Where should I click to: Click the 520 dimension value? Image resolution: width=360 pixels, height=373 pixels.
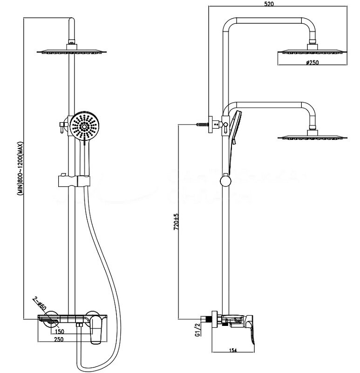point(268,4)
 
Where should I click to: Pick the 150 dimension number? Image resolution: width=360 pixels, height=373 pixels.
point(60,332)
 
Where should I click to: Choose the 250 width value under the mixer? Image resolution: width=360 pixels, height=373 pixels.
point(59,339)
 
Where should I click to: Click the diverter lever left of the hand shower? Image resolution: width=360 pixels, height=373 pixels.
point(61,126)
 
